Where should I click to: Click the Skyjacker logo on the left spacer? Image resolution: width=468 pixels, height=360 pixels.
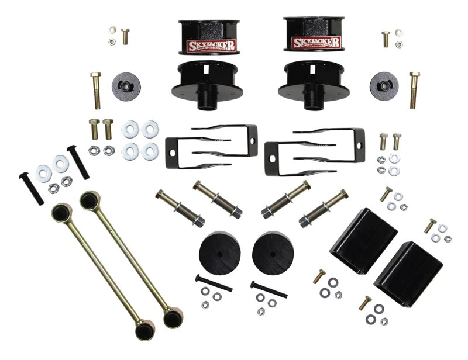click(211, 45)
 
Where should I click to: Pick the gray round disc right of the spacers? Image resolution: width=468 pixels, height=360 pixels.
click(383, 85)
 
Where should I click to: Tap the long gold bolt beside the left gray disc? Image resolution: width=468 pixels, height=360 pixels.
click(97, 90)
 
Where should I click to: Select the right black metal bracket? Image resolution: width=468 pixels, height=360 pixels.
click(314, 147)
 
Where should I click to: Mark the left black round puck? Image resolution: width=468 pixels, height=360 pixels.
click(220, 253)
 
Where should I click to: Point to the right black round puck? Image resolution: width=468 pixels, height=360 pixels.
click(273, 250)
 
